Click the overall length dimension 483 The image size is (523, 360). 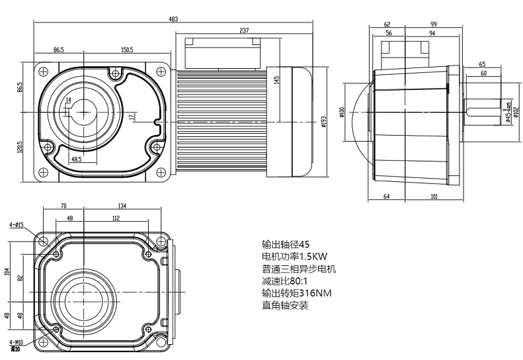pyautogui.click(x=173, y=19)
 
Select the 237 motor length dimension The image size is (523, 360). pyautogui.click(x=244, y=30)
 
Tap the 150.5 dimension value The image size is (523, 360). pyautogui.click(x=128, y=50)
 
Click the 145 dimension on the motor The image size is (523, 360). pyautogui.click(x=276, y=79)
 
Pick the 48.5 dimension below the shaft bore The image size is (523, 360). pyautogui.click(x=77, y=159)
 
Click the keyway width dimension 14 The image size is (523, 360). pyautogui.click(x=68, y=100)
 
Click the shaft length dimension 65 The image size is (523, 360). pyautogui.click(x=482, y=64)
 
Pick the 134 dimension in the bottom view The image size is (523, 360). pyautogui.click(x=122, y=206)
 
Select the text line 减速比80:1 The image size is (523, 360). pyautogui.click(x=290, y=281)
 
